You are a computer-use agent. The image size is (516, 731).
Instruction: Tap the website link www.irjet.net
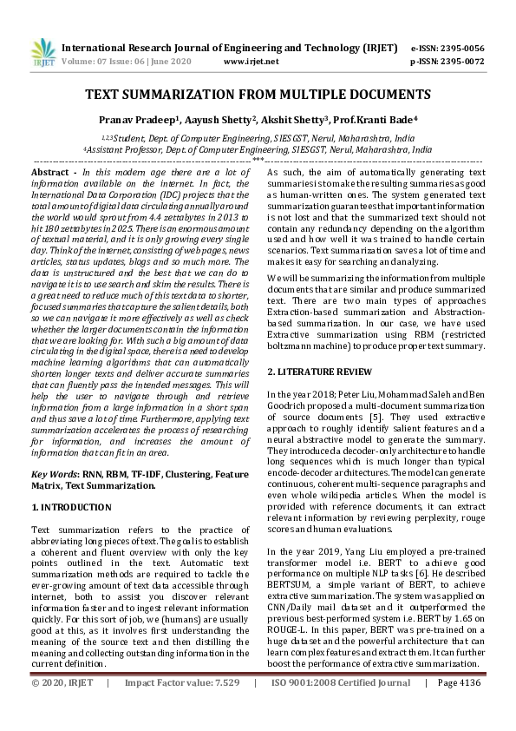click(x=251, y=62)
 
